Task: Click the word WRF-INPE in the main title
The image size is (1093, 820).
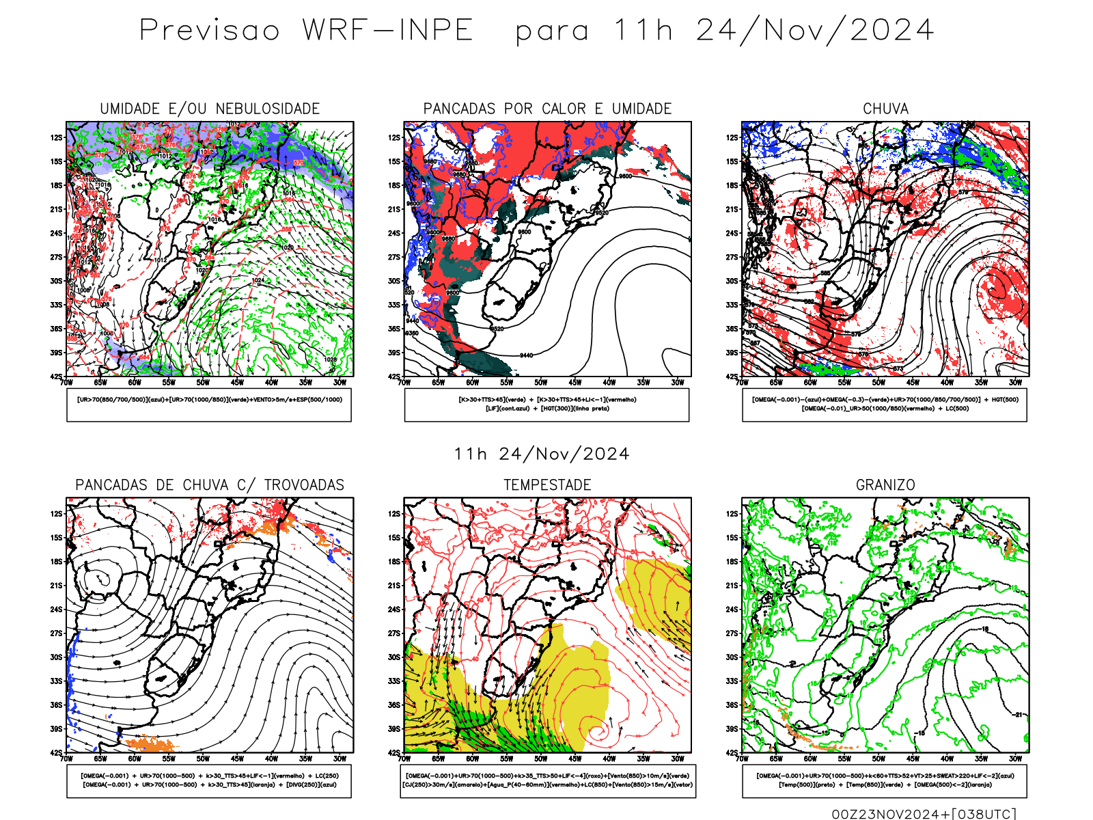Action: coord(388,31)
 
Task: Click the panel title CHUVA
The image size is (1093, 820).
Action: coord(885,109)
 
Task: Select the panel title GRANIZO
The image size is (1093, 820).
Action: coord(885,485)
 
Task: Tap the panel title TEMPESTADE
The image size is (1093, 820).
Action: coord(547,485)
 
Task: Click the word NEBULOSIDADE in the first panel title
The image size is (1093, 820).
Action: coord(268,109)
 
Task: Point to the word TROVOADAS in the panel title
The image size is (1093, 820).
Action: coord(304,485)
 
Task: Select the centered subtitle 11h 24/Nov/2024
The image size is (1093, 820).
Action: coord(542,454)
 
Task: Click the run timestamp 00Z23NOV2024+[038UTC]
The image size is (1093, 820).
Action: coord(924,814)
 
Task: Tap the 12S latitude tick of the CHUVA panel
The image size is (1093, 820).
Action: coord(732,138)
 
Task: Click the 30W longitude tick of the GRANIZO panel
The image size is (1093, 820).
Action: coord(1015,758)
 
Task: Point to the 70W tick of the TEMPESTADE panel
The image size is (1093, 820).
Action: coord(404,758)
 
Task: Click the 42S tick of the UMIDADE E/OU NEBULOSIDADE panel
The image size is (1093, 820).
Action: coord(55,377)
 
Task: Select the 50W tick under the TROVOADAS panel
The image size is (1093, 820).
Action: coord(203,758)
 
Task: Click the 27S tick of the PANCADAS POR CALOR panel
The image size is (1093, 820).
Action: coord(394,258)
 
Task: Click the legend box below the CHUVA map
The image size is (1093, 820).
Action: coord(885,405)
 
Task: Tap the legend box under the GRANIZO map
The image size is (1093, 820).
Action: coord(885,780)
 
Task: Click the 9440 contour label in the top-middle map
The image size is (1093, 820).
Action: coord(526,355)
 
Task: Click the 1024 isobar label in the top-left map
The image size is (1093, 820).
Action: coord(258,280)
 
